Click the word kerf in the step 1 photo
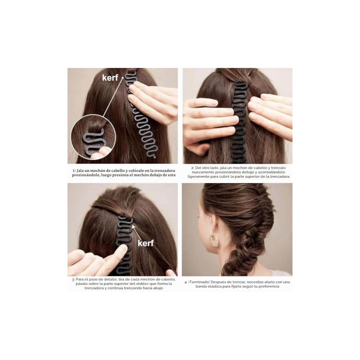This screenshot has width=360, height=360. [x=110, y=77]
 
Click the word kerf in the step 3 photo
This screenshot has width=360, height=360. [x=145, y=243]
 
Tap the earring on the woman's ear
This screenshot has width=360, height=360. [x=214, y=240]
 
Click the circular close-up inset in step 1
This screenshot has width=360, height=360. [x=93, y=137]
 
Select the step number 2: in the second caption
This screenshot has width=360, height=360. [x=193, y=168]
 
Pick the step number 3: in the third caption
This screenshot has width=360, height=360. [x=73, y=279]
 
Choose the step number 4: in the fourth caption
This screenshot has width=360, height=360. [x=186, y=282]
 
